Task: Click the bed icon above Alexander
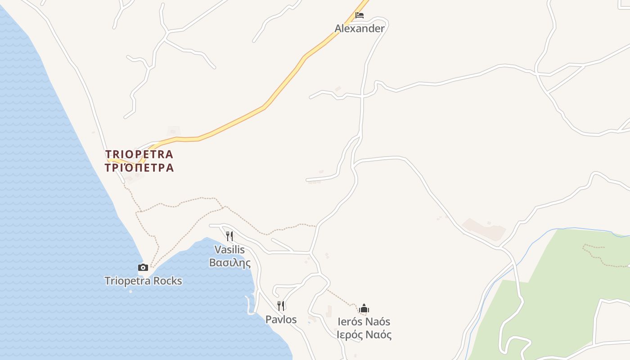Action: pos(359,15)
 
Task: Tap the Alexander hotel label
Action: pos(360,28)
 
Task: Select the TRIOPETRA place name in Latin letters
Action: pos(139,154)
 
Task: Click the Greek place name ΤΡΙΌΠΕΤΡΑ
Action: pos(139,168)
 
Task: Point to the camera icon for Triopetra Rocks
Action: pos(143,267)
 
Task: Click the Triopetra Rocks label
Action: pos(143,281)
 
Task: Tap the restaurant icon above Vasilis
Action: pos(229,236)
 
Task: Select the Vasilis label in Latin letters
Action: pos(229,249)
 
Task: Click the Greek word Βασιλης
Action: pos(229,262)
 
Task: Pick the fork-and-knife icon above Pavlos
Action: pos(281,306)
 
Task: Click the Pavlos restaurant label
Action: pos(281,319)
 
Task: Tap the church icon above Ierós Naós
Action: pos(364,308)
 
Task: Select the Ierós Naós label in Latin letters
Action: pos(364,322)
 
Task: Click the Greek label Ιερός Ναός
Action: pos(364,335)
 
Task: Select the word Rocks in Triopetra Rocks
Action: pos(167,281)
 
